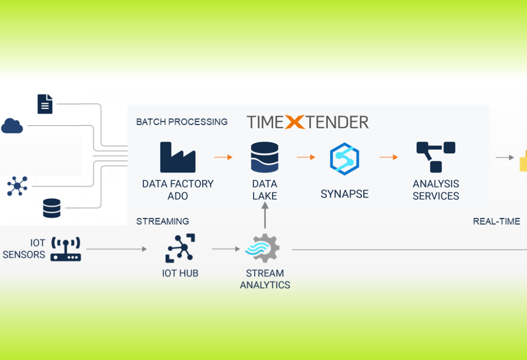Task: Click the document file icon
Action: pos(45,104)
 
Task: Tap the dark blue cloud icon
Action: pos(12,125)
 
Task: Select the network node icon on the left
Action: pos(17,186)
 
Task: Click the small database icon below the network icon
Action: pos(51,208)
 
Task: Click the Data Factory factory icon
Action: pos(178,157)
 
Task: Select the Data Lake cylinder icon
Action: pos(265,157)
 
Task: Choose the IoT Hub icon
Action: pos(180,248)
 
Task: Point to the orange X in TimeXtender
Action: pos(295,122)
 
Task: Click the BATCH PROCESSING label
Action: pos(182,122)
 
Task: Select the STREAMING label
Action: pos(163,221)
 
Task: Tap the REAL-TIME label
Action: pos(496,221)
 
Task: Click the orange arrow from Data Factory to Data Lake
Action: pos(223,157)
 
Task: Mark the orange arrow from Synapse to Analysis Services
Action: pos(389,157)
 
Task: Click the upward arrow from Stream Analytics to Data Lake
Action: pos(265,215)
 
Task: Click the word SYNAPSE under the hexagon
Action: pos(344,194)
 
